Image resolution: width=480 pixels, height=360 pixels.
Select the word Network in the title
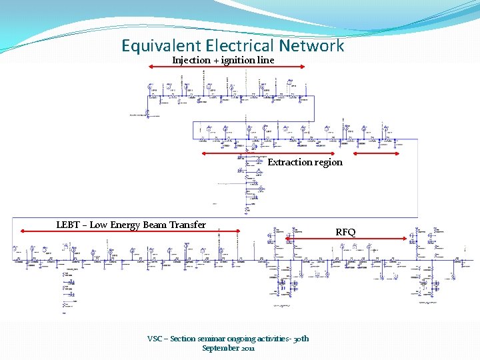(x=312, y=46)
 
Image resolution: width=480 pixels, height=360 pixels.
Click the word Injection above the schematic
(x=191, y=60)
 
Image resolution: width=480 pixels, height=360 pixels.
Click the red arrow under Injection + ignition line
(x=227, y=67)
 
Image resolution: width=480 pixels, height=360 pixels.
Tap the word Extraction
(x=290, y=162)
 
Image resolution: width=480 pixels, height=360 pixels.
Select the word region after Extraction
(x=329, y=162)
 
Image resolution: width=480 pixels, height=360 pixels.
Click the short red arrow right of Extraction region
(x=376, y=154)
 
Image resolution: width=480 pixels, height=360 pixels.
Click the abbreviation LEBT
(x=68, y=225)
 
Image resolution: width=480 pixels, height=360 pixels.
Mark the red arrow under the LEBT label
(x=129, y=231)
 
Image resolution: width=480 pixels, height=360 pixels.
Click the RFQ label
(x=345, y=233)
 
